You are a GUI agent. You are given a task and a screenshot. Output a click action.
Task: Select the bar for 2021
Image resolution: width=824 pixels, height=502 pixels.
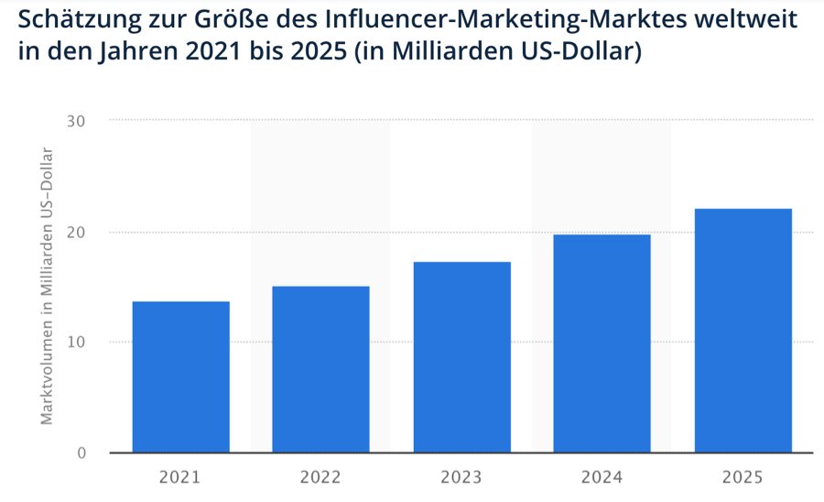pos(180,376)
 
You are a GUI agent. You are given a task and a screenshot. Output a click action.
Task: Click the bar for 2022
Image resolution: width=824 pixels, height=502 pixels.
pos(320,369)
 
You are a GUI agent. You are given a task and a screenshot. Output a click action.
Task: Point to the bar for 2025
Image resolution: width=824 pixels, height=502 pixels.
pos(743,331)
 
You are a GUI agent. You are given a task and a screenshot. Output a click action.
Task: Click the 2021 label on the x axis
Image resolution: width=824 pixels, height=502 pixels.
pos(180,476)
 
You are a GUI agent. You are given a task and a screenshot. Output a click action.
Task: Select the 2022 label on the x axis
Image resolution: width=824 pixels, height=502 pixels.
pos(320,476)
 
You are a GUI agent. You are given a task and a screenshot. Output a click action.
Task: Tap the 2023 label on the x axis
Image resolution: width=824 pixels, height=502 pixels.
pos(461,476)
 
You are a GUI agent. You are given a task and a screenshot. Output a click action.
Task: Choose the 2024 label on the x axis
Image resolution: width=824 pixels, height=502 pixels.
pos(602,476)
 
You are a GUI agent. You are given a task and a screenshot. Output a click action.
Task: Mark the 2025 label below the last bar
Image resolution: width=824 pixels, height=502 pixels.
pos(743,476)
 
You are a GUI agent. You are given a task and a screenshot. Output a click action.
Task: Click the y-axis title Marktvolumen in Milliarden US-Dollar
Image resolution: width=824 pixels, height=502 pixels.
pos(46,286)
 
